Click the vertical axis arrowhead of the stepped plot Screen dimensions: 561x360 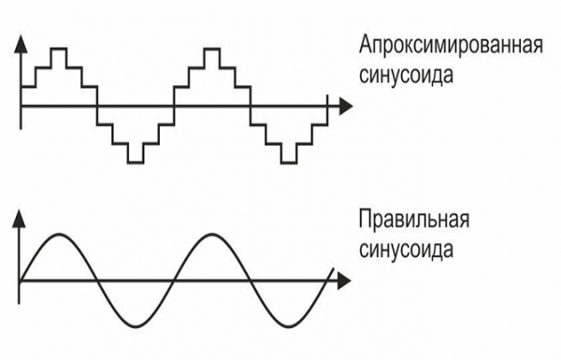[x=20, y=42]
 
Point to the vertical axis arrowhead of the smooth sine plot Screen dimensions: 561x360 [x=20, y=218]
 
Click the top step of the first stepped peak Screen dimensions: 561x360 [x=58, y=48]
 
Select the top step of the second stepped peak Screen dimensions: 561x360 [x=211, y=48]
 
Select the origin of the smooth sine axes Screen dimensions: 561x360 [x=20, y=279]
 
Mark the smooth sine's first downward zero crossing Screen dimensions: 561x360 [x=96, y=279]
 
